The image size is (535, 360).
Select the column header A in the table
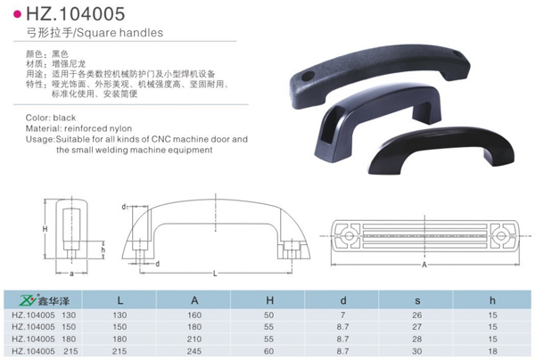[x=195, y=299]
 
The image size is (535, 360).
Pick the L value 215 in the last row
[x=119, y=352]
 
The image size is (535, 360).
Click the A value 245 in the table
[x=195, y=352]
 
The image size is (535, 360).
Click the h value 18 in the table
[x=491, y=340]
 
